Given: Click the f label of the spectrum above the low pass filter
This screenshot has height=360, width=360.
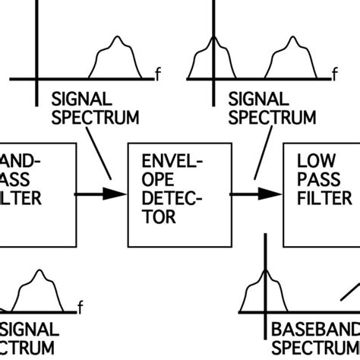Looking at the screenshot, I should point(335,74).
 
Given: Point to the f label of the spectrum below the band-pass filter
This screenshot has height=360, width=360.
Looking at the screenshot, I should point(80,308).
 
